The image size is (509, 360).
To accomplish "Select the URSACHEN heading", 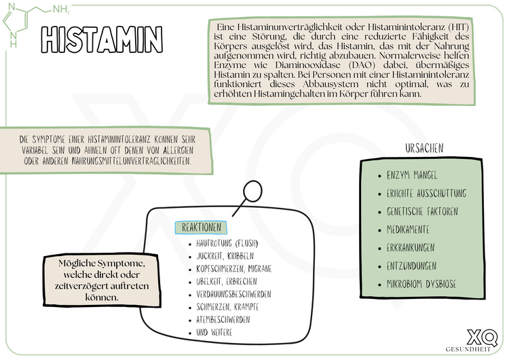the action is tap(424, 148).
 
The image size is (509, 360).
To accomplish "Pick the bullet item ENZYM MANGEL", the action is tap(412, 175).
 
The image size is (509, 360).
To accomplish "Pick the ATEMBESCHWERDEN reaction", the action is tap(223, 319).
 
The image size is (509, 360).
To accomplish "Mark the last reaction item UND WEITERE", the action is tap(214, 332).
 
